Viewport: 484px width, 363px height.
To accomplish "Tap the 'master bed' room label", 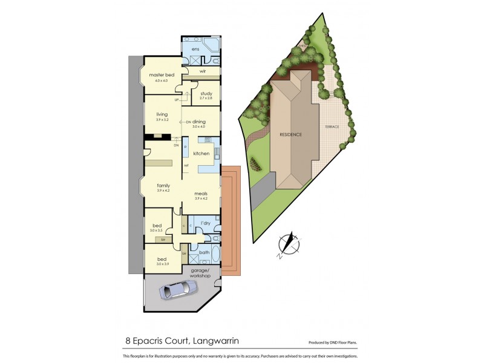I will (x=162, y=74).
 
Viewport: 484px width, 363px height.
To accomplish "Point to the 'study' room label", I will (x=206, y=94).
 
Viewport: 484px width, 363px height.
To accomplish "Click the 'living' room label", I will (x=162, y=114).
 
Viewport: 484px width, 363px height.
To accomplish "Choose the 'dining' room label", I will (x=199, y=122).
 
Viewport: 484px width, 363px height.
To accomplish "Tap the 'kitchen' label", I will (x=201, y=154).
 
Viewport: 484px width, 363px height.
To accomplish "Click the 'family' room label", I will (x=163, y=186).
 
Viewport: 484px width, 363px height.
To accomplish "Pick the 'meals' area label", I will (x=201, y=194).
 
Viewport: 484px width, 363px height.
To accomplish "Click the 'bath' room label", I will (x=204, y=252).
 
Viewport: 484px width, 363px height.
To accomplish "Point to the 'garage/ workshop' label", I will (x=200, y=273).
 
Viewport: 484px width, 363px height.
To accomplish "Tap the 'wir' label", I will (x=203, y=71).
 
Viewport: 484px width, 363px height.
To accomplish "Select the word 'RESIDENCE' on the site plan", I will (x=290, y=134).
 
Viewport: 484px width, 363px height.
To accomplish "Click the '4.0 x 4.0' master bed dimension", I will (x=162, y=80).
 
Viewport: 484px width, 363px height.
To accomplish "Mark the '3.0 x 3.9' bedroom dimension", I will (x=162, y=264).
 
